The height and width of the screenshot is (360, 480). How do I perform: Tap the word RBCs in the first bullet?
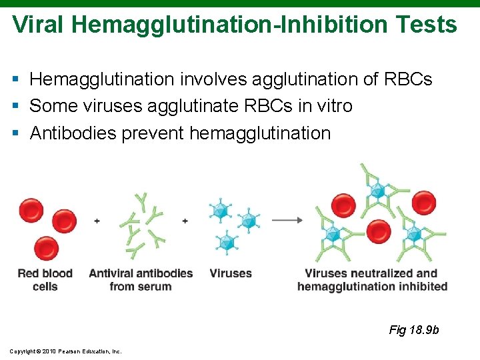(x=408, y=79)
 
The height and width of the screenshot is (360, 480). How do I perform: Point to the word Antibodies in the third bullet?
(x=73, y=133)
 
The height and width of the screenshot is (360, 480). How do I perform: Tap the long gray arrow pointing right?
(x=287, y=220)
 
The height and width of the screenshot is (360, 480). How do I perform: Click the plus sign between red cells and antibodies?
(x=97, y=221)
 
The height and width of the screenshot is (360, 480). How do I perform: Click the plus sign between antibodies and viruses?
(x=185, y=221)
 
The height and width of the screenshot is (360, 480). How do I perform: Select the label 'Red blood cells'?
(x=45, y=279)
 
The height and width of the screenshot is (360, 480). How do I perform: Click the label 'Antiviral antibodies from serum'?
(x=141, y=279)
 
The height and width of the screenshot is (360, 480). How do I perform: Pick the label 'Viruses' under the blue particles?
(x=231, y=273)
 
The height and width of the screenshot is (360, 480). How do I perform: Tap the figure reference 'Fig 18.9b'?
(x=413, y=330)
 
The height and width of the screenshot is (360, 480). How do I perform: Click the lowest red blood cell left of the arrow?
(x=46, y=248)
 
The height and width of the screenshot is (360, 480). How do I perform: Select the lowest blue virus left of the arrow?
(x=228, y=241)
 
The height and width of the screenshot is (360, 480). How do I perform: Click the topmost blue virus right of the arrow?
(x=378, y=191)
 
